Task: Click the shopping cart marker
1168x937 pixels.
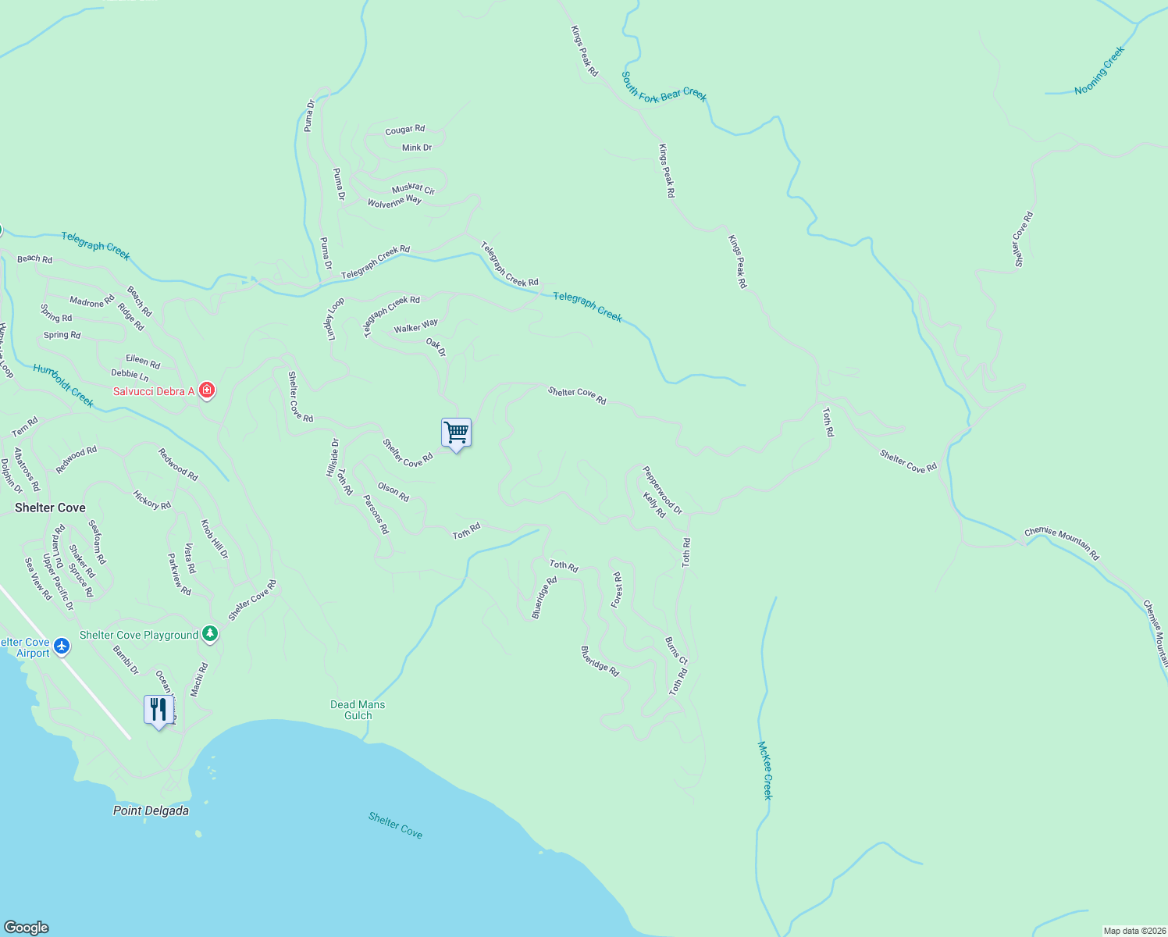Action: [x=456, y=432]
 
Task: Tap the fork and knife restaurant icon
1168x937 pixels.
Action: [x=158, y=709]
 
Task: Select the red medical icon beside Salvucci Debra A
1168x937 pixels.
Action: [x=207, y=390]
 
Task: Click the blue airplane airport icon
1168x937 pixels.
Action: [x=62, y=647]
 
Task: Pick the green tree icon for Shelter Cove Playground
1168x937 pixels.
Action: [x=209, y=634]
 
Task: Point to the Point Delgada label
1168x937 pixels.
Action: [x=151, y=811]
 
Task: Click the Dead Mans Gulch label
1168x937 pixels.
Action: [x=358, y=710]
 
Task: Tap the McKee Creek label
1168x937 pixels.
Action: [x=765, y=770]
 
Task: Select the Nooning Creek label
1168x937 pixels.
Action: [x=1099, y=70]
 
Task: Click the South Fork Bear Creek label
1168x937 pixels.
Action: [x=664, y=87]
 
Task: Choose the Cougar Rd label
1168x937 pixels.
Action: [x=404, y=130]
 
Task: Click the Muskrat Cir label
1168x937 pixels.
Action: [x=413, y=188]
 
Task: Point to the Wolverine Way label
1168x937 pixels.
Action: [x=394, y=201]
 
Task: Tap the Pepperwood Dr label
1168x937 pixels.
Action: [x=662, y=490]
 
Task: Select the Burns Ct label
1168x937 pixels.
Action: [x=676, y=650]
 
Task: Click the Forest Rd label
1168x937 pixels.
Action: [x=617, y=590]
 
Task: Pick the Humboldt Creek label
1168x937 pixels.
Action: [x=63, y=386]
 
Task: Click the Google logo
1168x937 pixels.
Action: [x=26, y=928]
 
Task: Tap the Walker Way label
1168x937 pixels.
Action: [x=415, y=326]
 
